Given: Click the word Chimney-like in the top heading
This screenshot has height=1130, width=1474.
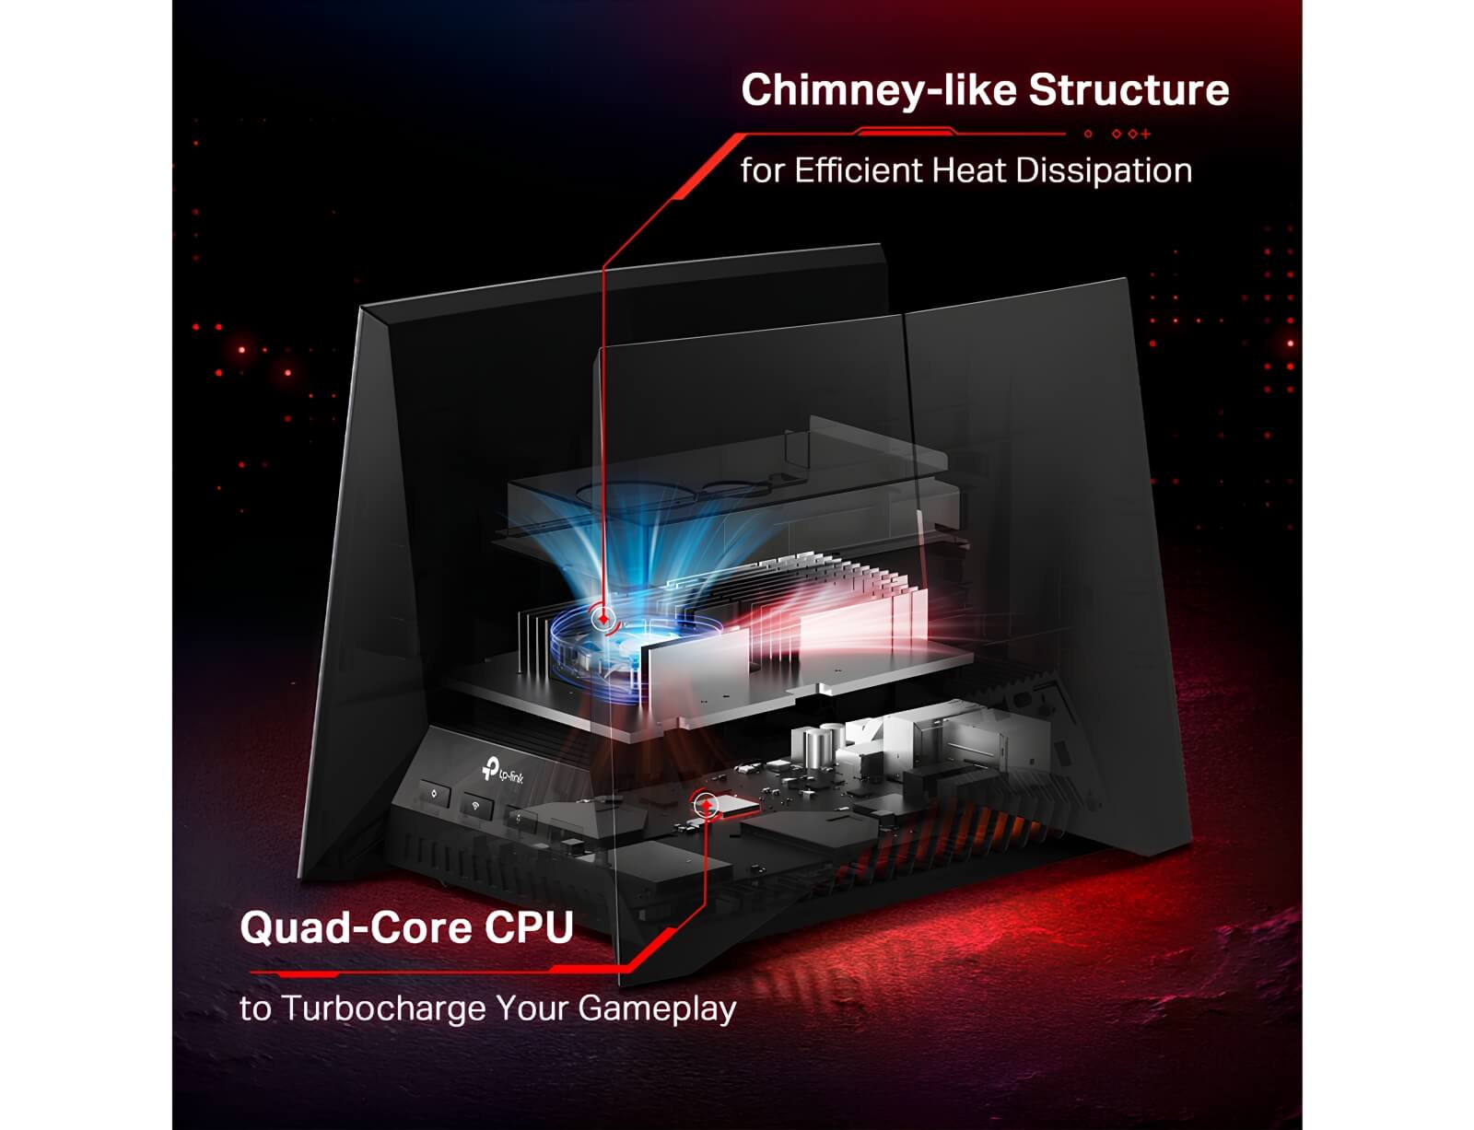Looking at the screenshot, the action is (879, 91).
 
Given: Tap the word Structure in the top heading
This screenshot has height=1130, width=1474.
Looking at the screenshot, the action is (1129, 89).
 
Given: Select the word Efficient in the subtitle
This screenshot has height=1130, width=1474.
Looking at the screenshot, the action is (858, 170).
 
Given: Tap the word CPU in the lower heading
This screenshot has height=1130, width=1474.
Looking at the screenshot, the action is (529, 928).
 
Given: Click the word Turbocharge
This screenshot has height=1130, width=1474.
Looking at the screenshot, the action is (384, 1008).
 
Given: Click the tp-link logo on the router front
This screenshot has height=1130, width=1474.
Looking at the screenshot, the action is (503, 772).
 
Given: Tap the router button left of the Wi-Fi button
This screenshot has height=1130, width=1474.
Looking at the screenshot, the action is (436, 794).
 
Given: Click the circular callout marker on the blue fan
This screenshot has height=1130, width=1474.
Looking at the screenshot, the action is (602, 618).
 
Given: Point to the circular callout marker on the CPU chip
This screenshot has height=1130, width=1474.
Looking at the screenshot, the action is (706, 804).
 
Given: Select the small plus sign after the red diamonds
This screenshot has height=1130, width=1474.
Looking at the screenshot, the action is (1145, 134).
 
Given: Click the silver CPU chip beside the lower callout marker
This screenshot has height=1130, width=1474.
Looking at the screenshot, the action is (738, 805).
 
